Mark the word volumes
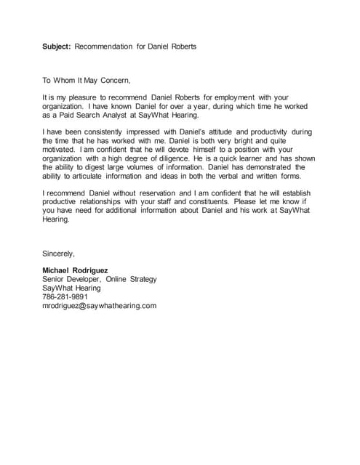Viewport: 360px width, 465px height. pyautogui.click(x=177, y=167)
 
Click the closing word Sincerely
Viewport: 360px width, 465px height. pyautogui.click(x=59, y=254)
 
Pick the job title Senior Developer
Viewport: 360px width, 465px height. pyautogui.click(x=71, y=279)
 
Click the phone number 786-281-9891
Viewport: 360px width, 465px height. pyautogui.click(x=65, y=296)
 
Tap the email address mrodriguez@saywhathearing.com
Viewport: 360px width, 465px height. pyautogui.click(x=100, y=306)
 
